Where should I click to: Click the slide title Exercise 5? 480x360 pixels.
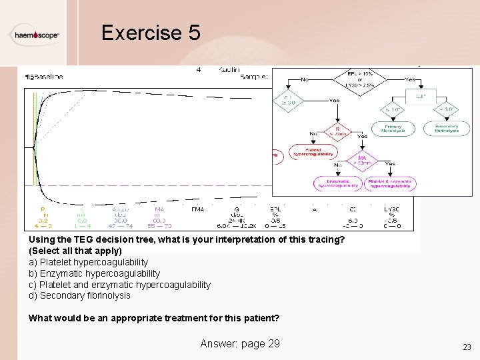click(151, 33)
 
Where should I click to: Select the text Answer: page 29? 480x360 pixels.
click(240, 343)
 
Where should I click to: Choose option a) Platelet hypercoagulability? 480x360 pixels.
click(88, 262)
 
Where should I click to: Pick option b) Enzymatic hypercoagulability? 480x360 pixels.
click(94, 273)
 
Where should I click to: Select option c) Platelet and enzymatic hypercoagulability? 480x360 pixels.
click(119, 285)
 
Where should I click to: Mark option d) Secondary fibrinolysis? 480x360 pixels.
click(79, 295)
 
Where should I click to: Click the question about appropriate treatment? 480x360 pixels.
click(154, 318)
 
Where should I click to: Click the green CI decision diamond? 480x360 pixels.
click(289, 101)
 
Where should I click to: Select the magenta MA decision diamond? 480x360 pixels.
click(363, 162)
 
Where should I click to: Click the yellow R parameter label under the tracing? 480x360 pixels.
click(43, 209)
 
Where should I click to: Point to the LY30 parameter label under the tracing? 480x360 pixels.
click(391, 209)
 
